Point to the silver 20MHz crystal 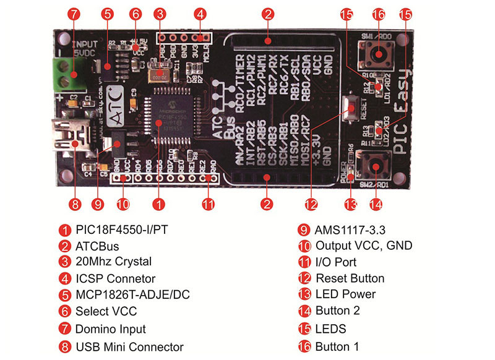click(x=160, y=74)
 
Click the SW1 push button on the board click(x=377, y=56)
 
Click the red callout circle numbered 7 click(x=73, y=14)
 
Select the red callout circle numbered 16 click(x=379, y=14)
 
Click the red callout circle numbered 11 click(x=210, y=204)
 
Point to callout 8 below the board click(x=74, y=204)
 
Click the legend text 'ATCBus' click(x=97, y=246)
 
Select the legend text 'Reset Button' click(x=350, y=278)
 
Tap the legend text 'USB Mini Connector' click(x=129, y=347)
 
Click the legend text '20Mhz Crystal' click(x=113, y=262)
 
